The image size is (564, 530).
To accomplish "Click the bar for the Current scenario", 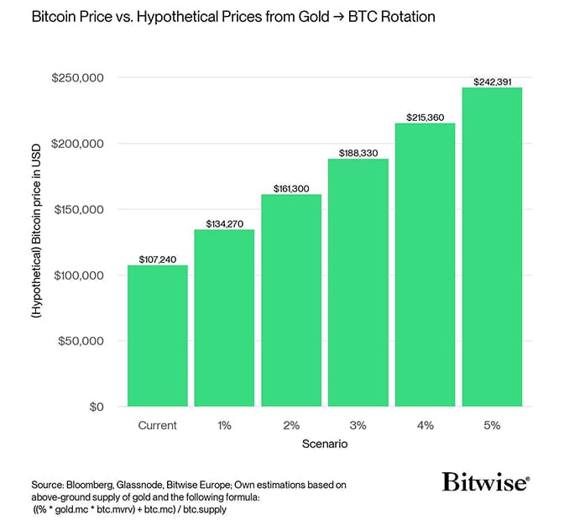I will tap(157, 336).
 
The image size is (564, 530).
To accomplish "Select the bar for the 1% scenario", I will tap(224, 318).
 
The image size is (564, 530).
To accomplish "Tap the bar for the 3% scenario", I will tap(358, 282).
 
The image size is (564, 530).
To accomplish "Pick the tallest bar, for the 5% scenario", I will tap(492, 247).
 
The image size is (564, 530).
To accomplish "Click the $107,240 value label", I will tap(157, 260).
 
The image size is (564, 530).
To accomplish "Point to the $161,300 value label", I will tap(291, 189).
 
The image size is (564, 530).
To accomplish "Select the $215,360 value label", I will tap(426, 118).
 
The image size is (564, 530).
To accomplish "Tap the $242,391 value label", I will tap(492, 81).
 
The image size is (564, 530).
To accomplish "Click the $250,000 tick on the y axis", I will tap(78, 78).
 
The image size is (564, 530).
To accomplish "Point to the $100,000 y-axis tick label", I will tap(78, 275).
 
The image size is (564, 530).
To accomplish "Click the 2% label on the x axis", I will tap(291, 426).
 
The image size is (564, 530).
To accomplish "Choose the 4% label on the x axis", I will tap(426, 426).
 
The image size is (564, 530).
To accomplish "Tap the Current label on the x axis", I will tap(157, 426).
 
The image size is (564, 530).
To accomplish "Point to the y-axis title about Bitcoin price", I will tap(37, 244).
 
